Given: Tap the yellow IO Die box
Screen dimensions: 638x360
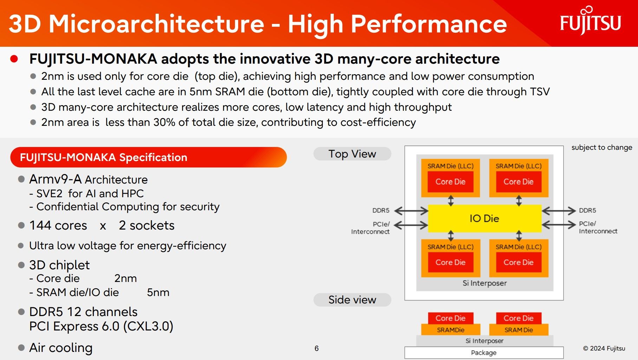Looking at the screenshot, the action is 484,218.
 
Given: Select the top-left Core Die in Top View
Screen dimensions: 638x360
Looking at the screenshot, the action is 450,182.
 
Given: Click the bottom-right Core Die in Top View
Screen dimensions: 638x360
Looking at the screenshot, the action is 519,262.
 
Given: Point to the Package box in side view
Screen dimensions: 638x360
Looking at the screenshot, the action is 484,353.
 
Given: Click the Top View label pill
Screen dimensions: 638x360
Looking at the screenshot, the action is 352,154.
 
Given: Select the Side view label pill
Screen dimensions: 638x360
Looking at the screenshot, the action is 352,300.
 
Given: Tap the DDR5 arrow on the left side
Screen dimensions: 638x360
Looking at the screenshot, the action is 411,211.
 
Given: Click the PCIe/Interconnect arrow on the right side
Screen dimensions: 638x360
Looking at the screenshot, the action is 559,225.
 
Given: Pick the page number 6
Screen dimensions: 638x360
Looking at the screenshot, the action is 317,348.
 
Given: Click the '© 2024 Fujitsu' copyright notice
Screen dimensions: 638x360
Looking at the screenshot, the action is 604,348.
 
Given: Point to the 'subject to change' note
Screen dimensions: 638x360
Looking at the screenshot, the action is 601,147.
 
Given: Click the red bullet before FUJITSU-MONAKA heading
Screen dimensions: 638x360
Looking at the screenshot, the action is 14,59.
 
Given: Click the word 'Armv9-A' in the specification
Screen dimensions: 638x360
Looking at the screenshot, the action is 56,179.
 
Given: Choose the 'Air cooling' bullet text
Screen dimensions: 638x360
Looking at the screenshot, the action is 61,348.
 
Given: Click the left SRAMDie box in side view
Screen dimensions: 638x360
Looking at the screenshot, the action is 451,330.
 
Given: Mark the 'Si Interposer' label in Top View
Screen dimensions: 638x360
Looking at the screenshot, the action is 484,283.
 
